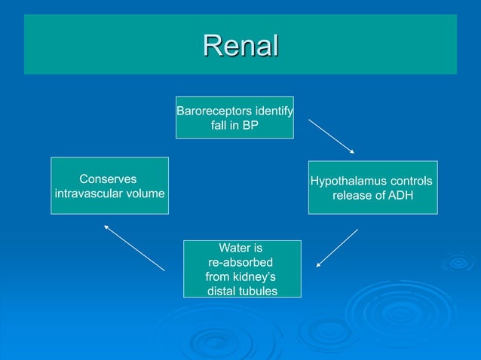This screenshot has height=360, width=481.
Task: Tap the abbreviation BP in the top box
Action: pyautogui.click(x=249, y=126)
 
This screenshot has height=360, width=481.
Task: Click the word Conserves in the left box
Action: pyautogui.click(x=108, y=179)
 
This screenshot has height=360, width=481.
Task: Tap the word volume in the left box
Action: pyautogui.click(x=146, y=194)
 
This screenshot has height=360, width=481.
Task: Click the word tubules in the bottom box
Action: pyautogui.click(x=259, y=291)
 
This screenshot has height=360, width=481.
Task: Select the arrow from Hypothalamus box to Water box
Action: pyautogui.click(x=337, y=248)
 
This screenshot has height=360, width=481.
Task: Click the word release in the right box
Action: pyautogui.click(x=352, y=196)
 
